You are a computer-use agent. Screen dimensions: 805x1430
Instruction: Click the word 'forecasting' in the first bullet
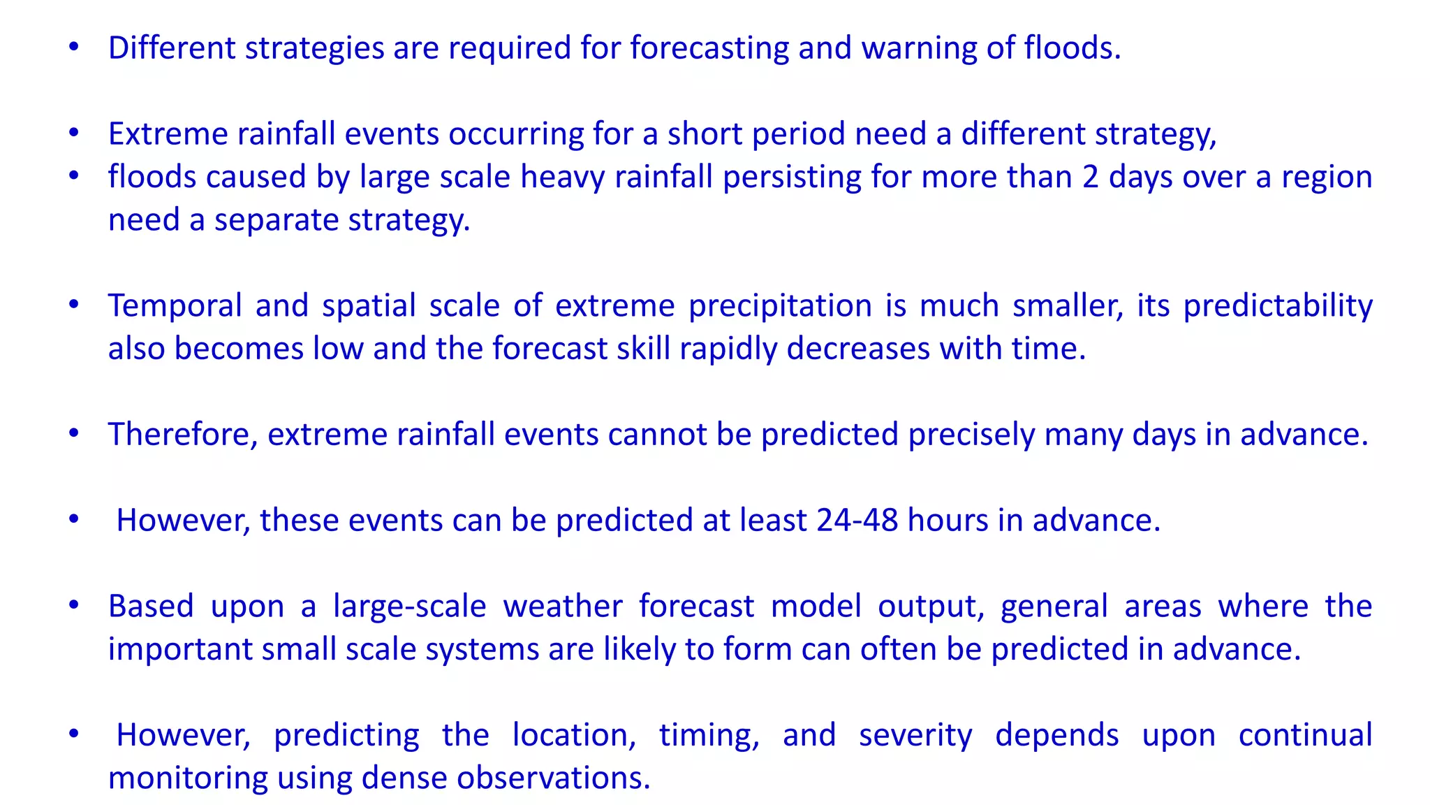click(709, 49)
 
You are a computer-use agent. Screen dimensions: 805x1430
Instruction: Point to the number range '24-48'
click(857, 521)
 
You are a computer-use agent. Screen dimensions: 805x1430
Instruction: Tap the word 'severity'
click(915, 736)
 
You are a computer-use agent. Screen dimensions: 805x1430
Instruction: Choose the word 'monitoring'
click(188, 778)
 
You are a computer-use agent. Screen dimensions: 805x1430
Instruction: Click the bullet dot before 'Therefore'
click(74, 434)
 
